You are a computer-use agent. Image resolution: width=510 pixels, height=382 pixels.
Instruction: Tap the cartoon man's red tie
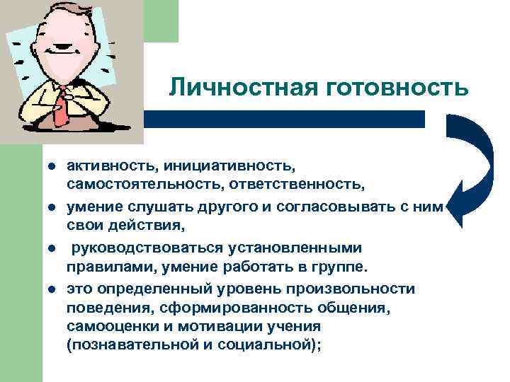62,107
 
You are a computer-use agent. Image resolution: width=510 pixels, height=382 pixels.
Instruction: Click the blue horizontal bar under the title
283,119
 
